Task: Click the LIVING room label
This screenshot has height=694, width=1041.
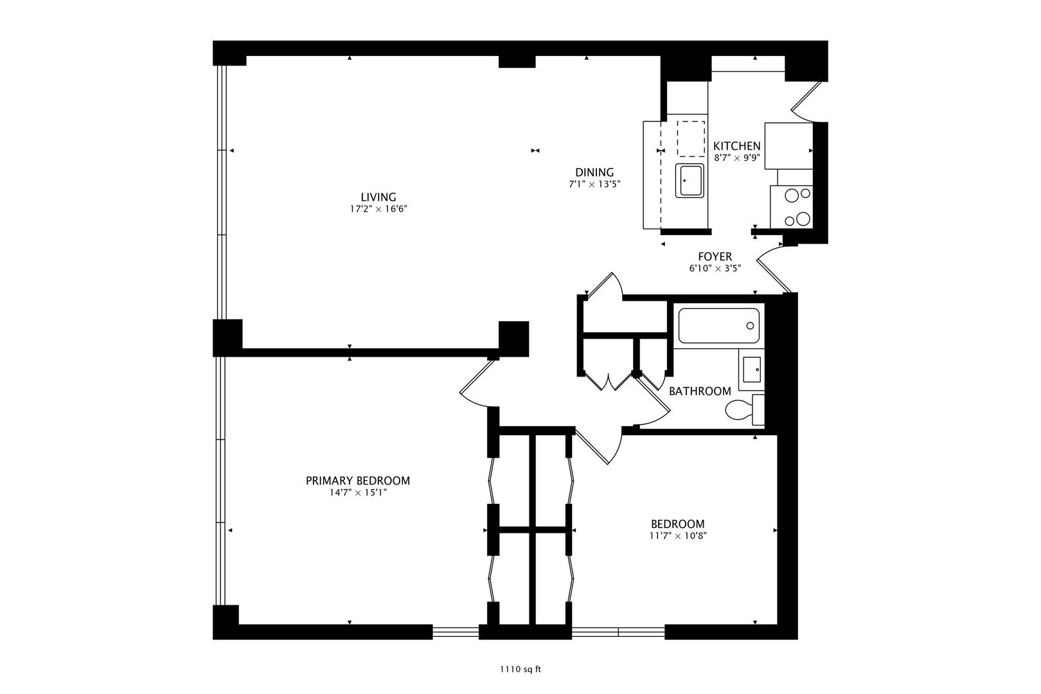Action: [x=378, y=197]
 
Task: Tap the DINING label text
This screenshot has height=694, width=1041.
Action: [x=594, y=172]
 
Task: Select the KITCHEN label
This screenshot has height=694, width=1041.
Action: [x=737, y=146]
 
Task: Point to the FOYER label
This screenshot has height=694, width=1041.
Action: [x=715, y=256]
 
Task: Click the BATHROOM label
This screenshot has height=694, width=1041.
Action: [x=700, y=391]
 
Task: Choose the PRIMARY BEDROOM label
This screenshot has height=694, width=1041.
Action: [x=358, y=481]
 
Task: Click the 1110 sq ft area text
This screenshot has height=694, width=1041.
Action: [x=520, y=670]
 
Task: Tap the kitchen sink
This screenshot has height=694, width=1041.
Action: [x=690, y=181]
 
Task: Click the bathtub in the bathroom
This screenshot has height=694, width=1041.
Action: [x=718, y=326]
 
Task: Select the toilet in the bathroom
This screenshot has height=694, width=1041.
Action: [x=743, y=409]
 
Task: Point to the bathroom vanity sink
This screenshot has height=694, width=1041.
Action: [x=751, y=369]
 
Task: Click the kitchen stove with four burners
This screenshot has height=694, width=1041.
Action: [x=792, y=207]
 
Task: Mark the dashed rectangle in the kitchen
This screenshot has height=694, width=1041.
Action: [x=691, y=139]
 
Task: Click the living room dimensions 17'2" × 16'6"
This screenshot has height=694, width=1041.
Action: [x=378, y=209]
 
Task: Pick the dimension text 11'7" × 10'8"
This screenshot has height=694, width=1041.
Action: [x=677, y=536]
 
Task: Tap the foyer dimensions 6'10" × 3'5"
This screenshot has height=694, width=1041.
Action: [x=715, y=268]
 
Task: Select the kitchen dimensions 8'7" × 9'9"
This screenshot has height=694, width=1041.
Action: [x=737, y=157]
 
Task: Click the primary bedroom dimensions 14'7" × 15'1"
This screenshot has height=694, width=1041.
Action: [x=358, y=493]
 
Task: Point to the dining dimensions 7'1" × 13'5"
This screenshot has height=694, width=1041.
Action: [x=594, y=184]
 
